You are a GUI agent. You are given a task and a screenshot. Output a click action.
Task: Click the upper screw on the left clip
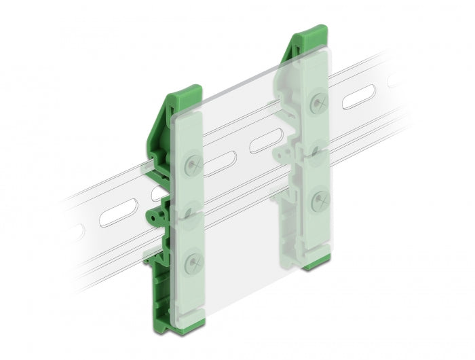point(193,164)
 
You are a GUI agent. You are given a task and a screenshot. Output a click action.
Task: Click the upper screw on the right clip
point(317,102)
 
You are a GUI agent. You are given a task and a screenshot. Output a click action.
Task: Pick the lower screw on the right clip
point(317,200)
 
